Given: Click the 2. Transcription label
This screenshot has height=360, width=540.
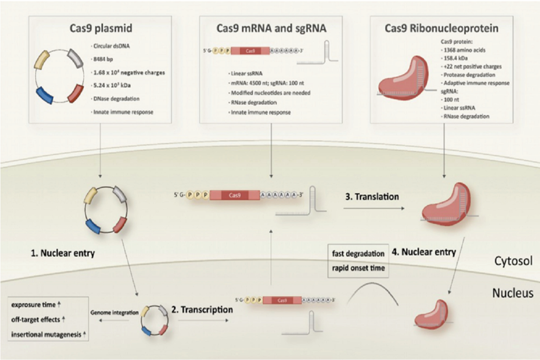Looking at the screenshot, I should [202, 310].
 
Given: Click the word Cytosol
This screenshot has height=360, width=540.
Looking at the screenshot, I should [513, 261].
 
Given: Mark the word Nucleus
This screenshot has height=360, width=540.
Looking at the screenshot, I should [513, 293].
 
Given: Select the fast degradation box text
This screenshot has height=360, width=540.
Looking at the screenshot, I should [358, 253].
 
